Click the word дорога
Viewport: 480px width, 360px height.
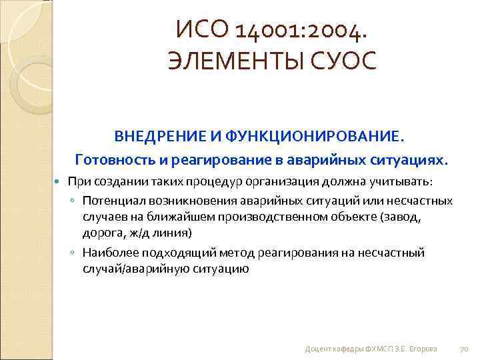pos(101,233)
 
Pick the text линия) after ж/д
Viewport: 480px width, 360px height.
pos(174,233)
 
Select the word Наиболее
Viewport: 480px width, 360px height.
pos(109,253)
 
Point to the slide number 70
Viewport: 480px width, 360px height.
pos(465,349)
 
